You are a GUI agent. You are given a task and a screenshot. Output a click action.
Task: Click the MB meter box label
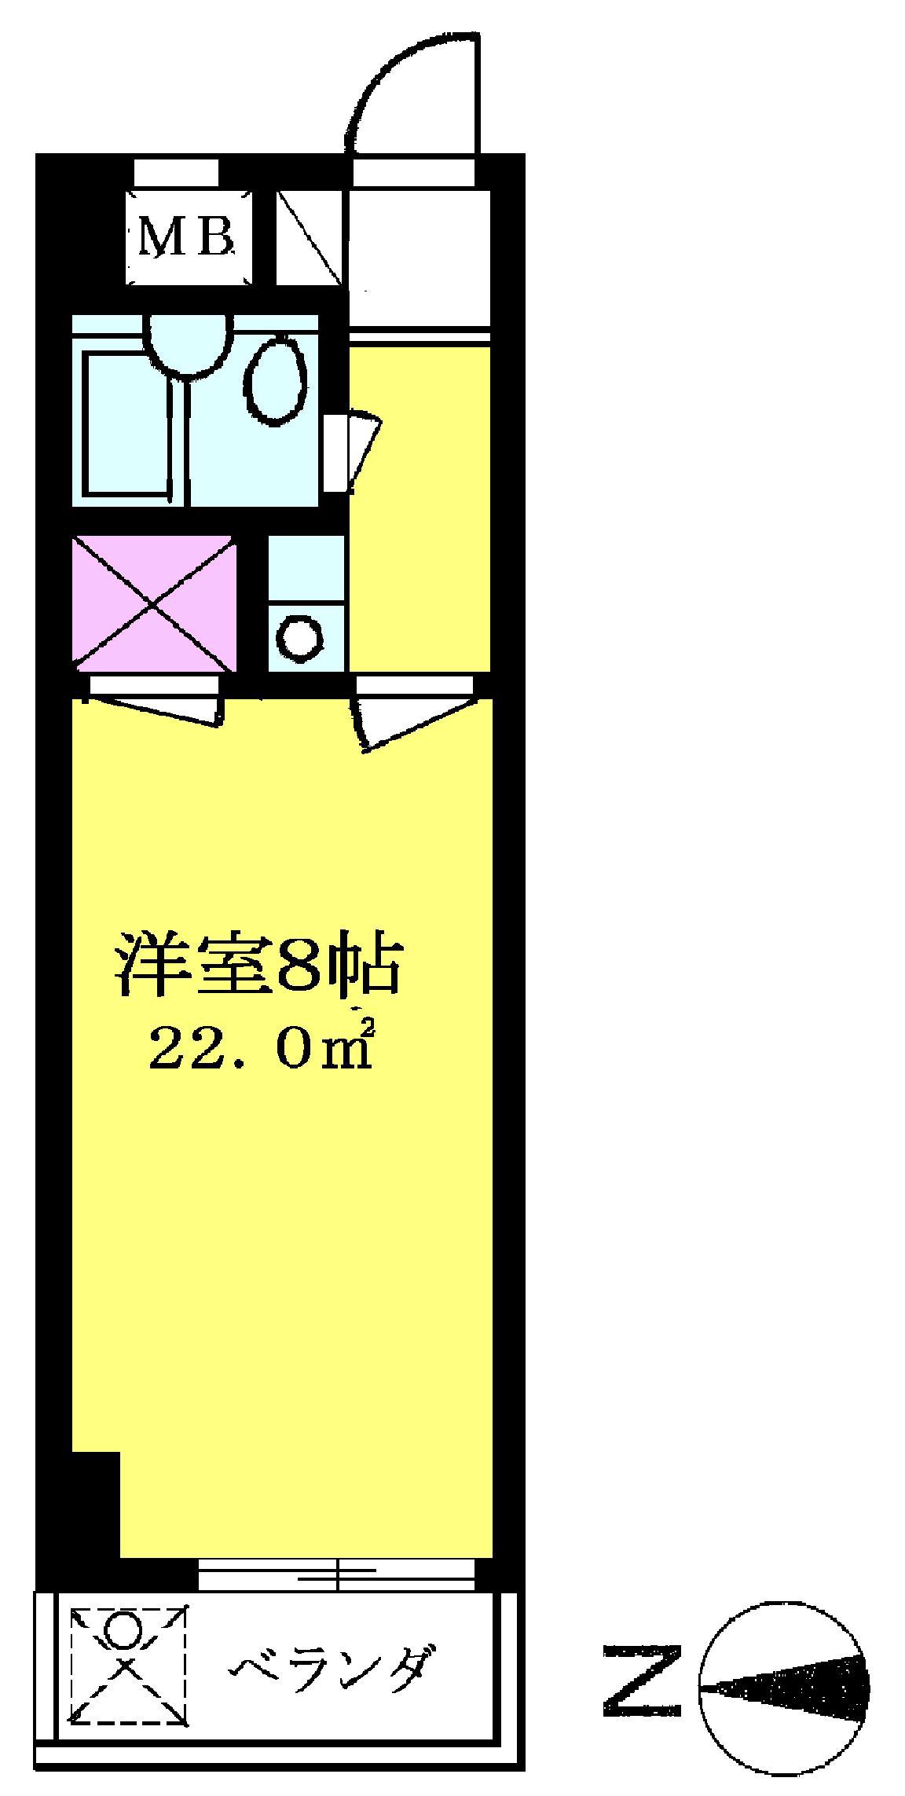pyautogui.click(x=187, y=239)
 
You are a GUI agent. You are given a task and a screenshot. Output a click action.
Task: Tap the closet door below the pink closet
pyautogui.click(x=156, y=699)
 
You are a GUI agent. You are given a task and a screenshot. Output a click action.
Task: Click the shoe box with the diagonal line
pyautogui.click(x=310, y=237)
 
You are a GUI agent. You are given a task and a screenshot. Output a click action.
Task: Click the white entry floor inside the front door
pyautogui.click(x=420, y=256)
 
